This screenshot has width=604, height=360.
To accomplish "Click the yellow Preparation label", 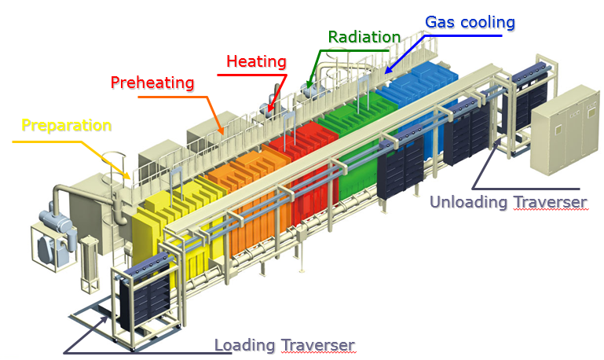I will [66, 125].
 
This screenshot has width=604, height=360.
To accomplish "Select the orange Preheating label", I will [152, 82].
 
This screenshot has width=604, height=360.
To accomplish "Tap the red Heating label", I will [256, 61].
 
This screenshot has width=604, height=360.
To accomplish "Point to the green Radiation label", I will [364, 36].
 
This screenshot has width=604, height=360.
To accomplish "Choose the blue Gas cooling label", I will [470, 22].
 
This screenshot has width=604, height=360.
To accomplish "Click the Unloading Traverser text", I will [507, 202].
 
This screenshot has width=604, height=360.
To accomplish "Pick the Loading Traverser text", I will [284, 344].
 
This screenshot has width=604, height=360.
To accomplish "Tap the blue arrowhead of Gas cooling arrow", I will [386, 72].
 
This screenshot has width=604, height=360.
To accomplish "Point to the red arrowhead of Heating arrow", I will [269, 111].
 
